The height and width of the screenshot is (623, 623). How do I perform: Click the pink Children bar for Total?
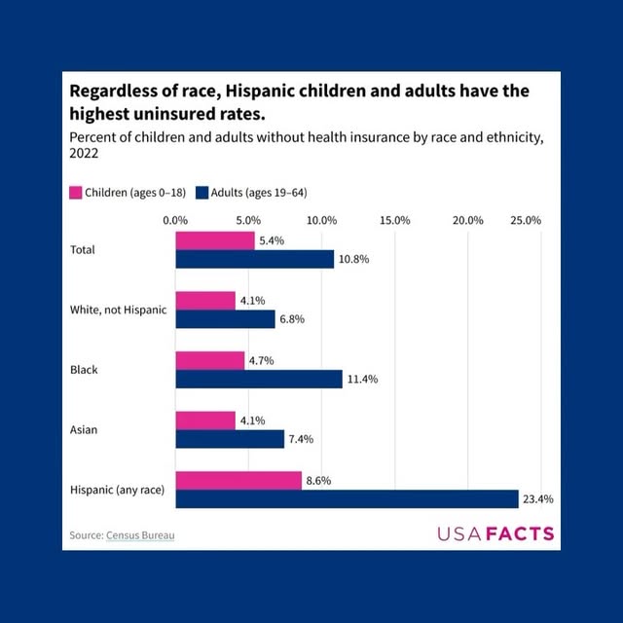click(215, 240)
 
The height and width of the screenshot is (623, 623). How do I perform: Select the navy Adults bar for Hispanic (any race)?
click(347, 499)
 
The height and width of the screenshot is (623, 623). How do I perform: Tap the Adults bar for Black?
click(259, 379)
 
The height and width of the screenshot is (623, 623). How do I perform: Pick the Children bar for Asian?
click(205, 421)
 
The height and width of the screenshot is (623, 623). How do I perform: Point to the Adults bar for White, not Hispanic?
click(225, 319)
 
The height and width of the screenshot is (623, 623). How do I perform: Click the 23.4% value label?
click(538, 499)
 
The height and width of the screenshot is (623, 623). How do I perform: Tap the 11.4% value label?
click(362, 379)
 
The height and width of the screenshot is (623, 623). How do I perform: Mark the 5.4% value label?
click(271, 240)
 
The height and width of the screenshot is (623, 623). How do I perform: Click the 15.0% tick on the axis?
click(394, 220)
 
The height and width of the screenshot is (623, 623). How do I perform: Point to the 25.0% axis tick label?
click(526, 220)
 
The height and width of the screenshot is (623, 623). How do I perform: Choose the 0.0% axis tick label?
click(175, 220)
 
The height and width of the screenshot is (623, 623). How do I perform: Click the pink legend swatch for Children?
click(76, 192)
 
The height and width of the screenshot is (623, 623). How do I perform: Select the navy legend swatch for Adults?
click(202, 192)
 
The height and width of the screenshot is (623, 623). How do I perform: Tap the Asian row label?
click(85, 429)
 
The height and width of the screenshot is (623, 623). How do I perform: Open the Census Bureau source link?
click(142, 534)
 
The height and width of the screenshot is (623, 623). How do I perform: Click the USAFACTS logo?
click(495, 533)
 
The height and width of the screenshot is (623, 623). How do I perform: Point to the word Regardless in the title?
click(115, 92)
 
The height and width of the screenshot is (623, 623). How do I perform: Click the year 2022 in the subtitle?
click(85, 153)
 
